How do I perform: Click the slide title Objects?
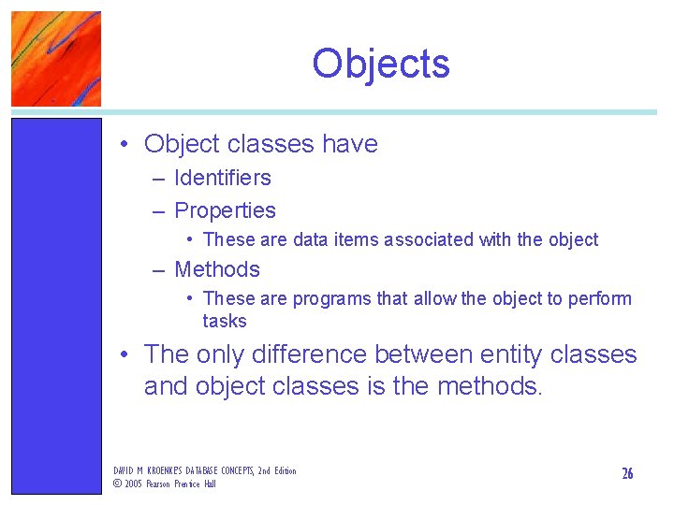pyautogui.click(x=381, y=64)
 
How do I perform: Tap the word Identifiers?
pyautogui.click(x=223, y=178)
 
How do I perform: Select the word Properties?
pyautogui.click(x=225, y=211)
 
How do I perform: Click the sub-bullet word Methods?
pyautogui.click(x=217, y=269)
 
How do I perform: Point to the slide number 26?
pyautogui.click(x=627, y=473)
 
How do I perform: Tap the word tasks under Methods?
pyautogui.click(x=225, y=321)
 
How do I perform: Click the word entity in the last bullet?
pyautogui.click(x=511, y=354)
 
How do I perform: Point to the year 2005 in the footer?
pyautogui.click(x=133, y=483)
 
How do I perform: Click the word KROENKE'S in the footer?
pyautogui.click(x=157, y=470)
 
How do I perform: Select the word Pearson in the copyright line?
pyautogui.click(x=160, y=483)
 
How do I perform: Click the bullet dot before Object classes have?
pyautogui.click(x=124, y=145)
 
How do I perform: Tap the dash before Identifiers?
pyautogui.click(x=159, y=178)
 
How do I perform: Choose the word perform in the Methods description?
pyautogui.click(x=602, y=298)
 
